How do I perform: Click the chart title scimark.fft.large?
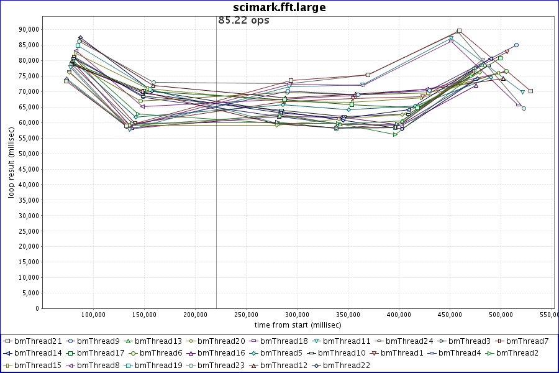279,7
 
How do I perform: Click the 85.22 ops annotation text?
243,20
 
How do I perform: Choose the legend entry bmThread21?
37,341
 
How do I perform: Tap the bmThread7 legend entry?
525,341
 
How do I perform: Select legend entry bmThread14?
37,353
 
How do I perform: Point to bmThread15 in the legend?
37,366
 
